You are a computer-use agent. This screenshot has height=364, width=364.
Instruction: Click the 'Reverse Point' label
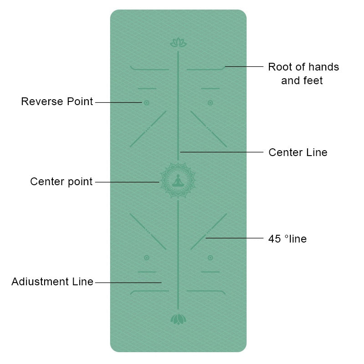coord(57,101)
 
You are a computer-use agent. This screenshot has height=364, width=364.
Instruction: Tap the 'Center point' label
coord(61,182)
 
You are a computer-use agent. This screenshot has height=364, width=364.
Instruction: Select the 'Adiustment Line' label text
coord(52,282)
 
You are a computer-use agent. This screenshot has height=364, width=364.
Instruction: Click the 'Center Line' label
coord(298,152)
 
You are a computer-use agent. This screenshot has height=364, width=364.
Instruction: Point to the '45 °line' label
coord(288,239)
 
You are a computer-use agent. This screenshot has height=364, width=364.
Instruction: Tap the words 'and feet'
coord(302,81)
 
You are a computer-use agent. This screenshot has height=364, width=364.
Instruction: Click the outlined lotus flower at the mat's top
coord(178,42)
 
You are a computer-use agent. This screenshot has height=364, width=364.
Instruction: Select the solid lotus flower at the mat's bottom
coord(178,319)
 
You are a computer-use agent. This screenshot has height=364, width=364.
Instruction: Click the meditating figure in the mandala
coord(178,180)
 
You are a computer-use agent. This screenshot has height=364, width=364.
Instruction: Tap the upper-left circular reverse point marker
coord(147,103)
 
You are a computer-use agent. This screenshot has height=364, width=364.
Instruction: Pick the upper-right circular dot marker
coord(210,103)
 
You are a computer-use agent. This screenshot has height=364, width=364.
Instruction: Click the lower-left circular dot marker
coord(147,258)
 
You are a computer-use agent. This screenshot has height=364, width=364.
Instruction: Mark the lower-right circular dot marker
coord(210,258)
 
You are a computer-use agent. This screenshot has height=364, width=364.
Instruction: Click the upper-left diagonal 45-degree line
coord(148,129)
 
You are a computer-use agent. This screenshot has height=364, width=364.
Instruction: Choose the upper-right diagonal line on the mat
coord(209,129)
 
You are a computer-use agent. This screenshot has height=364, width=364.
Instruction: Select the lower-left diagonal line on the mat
coord(148,232)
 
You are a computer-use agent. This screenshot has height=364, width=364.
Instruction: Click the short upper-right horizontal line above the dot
coord(210,88)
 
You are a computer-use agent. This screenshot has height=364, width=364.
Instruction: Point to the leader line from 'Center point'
coord(127,182)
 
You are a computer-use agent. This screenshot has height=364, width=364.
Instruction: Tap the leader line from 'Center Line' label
coord(222,152)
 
